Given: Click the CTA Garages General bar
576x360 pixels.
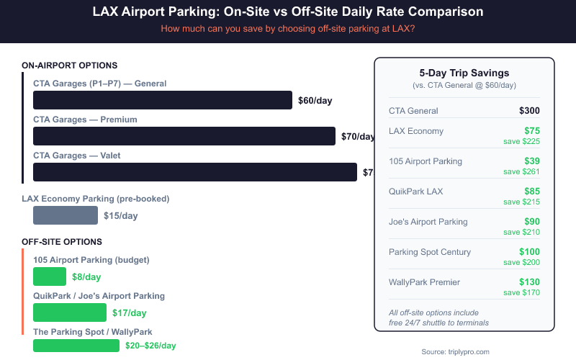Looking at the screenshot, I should click(x=163, y=100).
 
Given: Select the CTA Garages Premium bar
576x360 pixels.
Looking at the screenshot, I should click(x=184, y=136).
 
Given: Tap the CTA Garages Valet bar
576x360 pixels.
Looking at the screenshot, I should click(x=195, y=172).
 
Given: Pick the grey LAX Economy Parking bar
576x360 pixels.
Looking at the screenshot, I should click(x=66, y=215).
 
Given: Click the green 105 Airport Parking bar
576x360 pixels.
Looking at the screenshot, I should click(x=50, y=276).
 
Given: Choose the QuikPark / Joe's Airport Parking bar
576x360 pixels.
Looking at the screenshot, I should click(x=70, y=312).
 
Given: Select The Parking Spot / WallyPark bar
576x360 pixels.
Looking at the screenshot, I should click(x=76, y=346).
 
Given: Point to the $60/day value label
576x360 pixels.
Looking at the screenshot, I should click(x=315, y=101).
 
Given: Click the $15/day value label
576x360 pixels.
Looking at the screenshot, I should click(x=121, y=216).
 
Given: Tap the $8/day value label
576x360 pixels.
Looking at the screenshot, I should click(x=86, y=277).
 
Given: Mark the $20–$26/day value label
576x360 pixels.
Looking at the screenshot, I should click(x=150, y=346).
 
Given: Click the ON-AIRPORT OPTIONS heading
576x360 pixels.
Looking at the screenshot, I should click(x=70, y=66).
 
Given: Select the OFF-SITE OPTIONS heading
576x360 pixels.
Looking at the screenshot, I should click(x=62, y=242).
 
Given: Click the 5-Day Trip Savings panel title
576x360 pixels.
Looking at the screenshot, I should click(x=464, y=73).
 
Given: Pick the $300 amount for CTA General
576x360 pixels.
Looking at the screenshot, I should click(x=529, y=111).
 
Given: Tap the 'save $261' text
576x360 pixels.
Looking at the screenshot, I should click(x=521, y=171).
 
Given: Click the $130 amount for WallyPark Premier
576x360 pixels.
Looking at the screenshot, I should click(x=529, y=282).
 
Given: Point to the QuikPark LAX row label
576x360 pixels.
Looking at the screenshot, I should click(x=415, y=192).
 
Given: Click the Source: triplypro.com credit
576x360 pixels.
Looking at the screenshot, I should click(x=455, y=351).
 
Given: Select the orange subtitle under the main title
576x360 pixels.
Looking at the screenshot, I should click(x=288, y=29).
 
